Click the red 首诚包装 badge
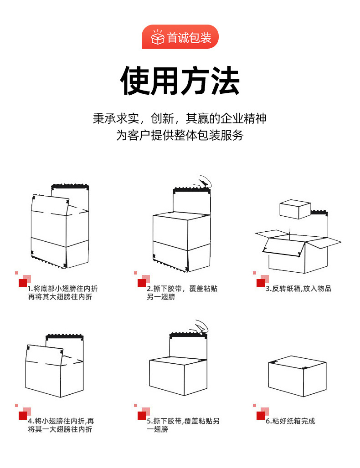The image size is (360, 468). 180,37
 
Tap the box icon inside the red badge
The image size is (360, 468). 157,37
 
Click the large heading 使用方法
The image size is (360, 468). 180,81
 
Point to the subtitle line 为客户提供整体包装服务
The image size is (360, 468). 180,135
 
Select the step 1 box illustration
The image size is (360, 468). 59,228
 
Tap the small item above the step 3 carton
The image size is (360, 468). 294,209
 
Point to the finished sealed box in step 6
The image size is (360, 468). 297,376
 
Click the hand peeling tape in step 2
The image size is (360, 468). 203,183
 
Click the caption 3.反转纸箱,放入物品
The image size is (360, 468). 298,289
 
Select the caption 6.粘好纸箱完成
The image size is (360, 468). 290,421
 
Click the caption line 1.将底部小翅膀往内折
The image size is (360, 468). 62,289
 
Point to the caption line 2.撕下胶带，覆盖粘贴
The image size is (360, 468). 182,289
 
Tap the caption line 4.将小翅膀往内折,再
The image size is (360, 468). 61,421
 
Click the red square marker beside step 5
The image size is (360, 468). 142,415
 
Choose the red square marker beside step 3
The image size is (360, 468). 261,283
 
